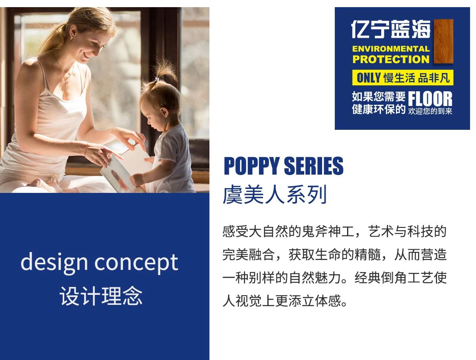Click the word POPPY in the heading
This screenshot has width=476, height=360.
coord(251,166)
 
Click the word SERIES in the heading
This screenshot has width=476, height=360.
coord(314,166)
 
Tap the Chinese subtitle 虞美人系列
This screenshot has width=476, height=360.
coord(275,194)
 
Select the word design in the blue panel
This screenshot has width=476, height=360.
coord(54,263)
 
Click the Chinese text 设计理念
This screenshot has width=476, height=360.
coord(101,296)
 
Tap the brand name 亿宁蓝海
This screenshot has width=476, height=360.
coord(391,29)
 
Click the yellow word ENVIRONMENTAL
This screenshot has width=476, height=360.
coord(391,49)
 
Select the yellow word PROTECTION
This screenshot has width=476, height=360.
coord(391,59)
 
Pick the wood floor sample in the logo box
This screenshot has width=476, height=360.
coord(443,41)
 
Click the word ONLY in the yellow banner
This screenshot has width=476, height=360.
coord(369,78)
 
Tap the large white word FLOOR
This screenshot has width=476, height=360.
coord(430,99)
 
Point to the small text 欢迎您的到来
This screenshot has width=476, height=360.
coord(430,111)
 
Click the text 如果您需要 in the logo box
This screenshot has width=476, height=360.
coord(379,96)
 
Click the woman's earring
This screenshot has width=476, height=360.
coord(71,38)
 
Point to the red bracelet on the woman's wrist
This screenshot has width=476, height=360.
coord(86,149)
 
